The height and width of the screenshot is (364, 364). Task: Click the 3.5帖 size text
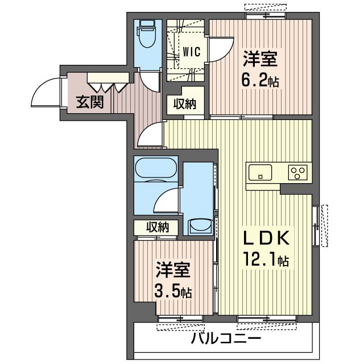click(x=172, y=292)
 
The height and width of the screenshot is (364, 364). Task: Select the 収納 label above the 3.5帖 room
click(x=157, y=227)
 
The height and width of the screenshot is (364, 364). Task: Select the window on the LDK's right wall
click(x=316, y=225)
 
